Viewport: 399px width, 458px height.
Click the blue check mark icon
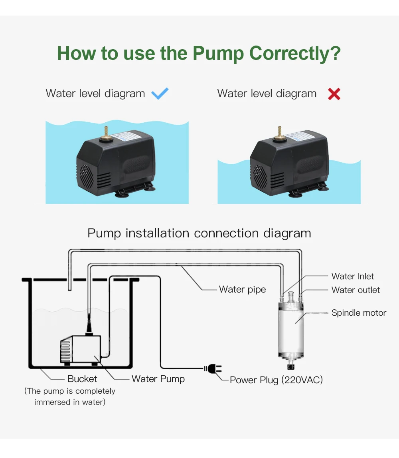[x=160, y=94]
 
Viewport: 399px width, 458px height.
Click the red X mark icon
[x=334, y=94]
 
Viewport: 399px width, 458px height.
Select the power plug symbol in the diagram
[x=213, y=369]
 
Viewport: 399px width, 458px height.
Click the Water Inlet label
[x=353, y=276]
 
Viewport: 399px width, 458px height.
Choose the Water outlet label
[x=356, y=290]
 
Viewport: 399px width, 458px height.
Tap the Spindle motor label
[x=359, y=313]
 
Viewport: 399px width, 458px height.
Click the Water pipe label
[x=242, y=289]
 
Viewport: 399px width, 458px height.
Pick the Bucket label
[x=82, y=378]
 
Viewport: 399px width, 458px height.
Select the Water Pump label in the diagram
[x=158, y=378]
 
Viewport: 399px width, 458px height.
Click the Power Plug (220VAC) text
[x=276, y=380]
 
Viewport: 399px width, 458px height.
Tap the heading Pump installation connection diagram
[x=199, y=233]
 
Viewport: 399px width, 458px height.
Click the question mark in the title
[x=336, y=53]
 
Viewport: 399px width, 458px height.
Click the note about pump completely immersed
[x=70, y=396]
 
